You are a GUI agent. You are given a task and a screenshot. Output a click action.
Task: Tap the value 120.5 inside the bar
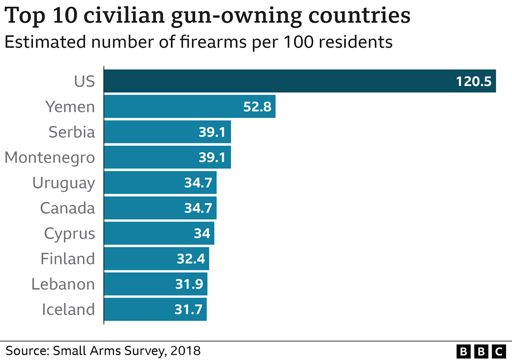[x=474, y=81]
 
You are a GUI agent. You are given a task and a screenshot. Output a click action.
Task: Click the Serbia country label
[x=72, y=132]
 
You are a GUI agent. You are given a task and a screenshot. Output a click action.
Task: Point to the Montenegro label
[x=49, y=157]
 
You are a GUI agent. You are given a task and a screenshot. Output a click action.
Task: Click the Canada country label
[x=67, y=208]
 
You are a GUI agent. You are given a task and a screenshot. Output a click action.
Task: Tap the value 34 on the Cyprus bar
[x=202, y=233]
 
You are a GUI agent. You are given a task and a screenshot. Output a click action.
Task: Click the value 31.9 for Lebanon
[x=189, y=284]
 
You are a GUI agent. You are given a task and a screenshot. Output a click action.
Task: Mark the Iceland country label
[x=68, y=309]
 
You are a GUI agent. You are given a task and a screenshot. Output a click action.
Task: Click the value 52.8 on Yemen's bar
[x=257, y=106]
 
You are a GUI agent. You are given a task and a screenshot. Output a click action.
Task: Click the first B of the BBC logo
[x=463, y=351]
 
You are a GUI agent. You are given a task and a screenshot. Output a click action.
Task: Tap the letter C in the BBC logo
[x=498, y=351]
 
